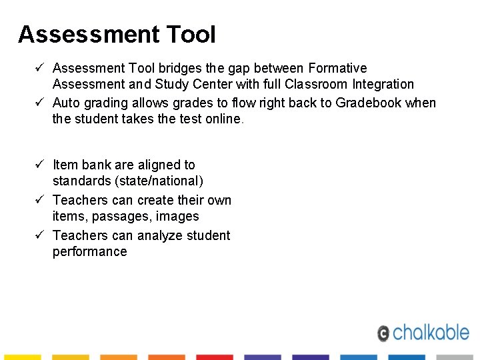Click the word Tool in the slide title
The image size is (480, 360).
[x=189, y=34]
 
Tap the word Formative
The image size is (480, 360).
[x=338, y=68]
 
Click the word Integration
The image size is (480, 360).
[x=383, y=84]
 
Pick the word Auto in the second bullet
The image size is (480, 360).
[x=66, y=103]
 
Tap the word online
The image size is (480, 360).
[x=223, y=119]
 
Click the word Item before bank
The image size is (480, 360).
[x=65, y=165]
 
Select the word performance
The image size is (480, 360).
[x=89, y=251]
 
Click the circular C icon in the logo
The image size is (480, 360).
[x=383, y=333]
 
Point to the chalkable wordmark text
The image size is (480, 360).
[x=431, y=331]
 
